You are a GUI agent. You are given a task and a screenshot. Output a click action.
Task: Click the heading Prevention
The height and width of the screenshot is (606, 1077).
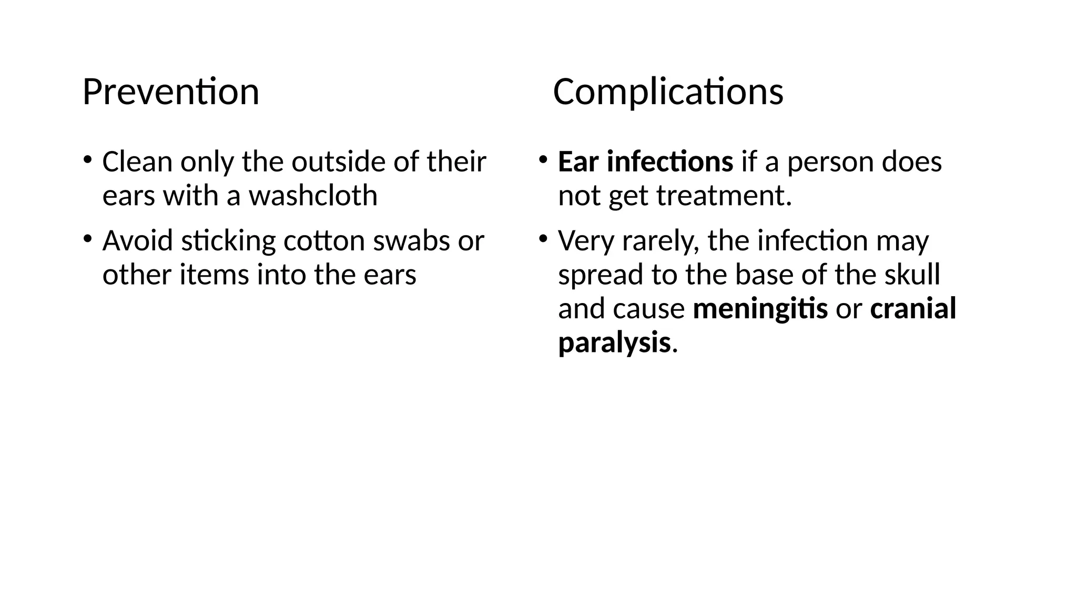point(171,92)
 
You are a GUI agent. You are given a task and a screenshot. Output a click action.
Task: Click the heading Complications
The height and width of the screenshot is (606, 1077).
point(668,92)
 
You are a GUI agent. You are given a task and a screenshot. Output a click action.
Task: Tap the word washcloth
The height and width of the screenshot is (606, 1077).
point(313,195)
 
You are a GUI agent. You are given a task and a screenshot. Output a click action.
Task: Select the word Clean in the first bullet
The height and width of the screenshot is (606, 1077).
point(137,161)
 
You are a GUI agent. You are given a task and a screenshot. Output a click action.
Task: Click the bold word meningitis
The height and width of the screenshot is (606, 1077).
point(760,308)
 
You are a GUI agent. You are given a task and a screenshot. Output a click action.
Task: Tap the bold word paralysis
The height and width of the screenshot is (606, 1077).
point(614,342)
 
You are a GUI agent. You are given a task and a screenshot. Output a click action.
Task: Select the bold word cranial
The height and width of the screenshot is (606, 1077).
point(913,308)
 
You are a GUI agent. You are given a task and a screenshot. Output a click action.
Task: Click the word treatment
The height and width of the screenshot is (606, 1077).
point(724,195)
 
